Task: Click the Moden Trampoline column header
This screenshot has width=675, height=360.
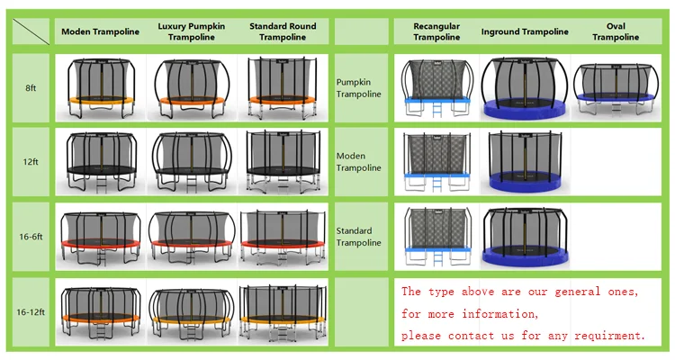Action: (x=101, y=31)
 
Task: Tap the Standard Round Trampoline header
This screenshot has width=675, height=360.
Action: (x=282, y=31)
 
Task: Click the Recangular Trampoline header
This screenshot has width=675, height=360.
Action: (x=436, y=31)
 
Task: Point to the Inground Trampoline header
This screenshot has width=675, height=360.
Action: (x=525, y=31)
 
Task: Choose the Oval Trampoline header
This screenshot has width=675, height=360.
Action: (x=616, y=31)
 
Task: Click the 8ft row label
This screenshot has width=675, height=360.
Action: (x=31, y=88)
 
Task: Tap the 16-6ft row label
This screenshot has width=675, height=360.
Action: (x=31, y=238)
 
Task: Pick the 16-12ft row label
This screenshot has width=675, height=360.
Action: (x=31, y=310)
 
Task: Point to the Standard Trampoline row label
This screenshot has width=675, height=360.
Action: (x=359, y=237)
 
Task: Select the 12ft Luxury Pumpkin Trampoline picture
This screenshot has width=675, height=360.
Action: (x=191, y=163)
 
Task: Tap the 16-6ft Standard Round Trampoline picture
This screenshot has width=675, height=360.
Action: (x=283, y=237)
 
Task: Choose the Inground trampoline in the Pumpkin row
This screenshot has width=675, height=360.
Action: (x=525, y=88)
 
